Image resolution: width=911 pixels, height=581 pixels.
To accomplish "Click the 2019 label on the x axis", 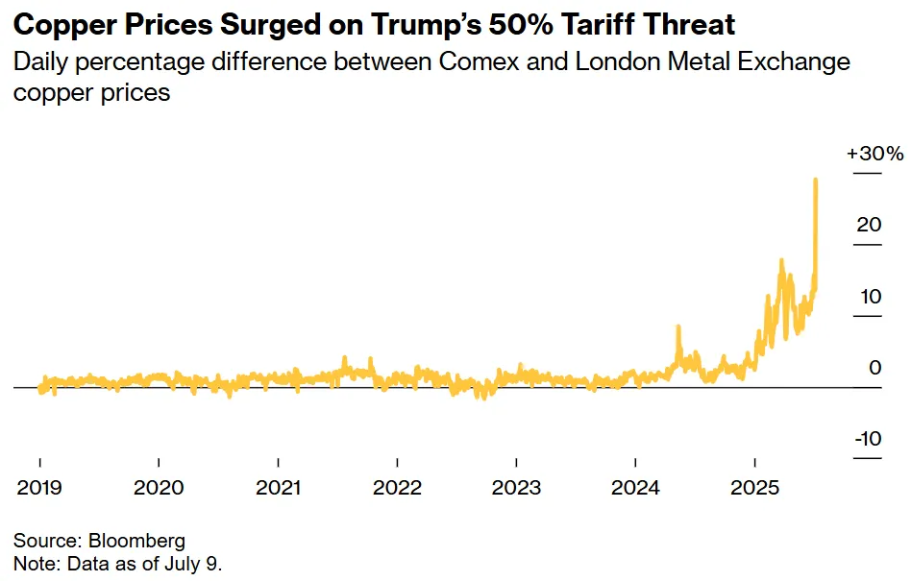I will (x=39, y=488).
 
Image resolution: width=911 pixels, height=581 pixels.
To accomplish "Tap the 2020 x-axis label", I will (x=159, y=488).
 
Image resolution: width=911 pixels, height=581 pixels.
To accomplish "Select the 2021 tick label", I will (x=279, y=488).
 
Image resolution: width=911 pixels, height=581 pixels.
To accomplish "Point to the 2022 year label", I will (x=398, y=488).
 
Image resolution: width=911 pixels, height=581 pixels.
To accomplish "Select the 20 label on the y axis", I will (x=869, y=225).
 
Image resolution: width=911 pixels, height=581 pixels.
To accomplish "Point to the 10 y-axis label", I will (x=869, y=296).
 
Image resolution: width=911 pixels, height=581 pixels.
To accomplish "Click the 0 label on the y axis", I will (x=874, y=367).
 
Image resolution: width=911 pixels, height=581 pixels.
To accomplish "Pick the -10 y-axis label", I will (x=867, y=439).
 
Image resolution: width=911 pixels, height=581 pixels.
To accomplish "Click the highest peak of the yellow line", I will (x=816, y=180).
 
